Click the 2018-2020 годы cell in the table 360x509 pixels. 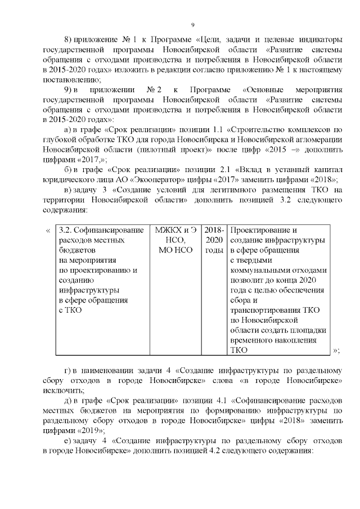click(x=214, y=240)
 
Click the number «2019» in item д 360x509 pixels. click(x=84, y=430)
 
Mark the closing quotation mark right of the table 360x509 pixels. click(x=336, y=350)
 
